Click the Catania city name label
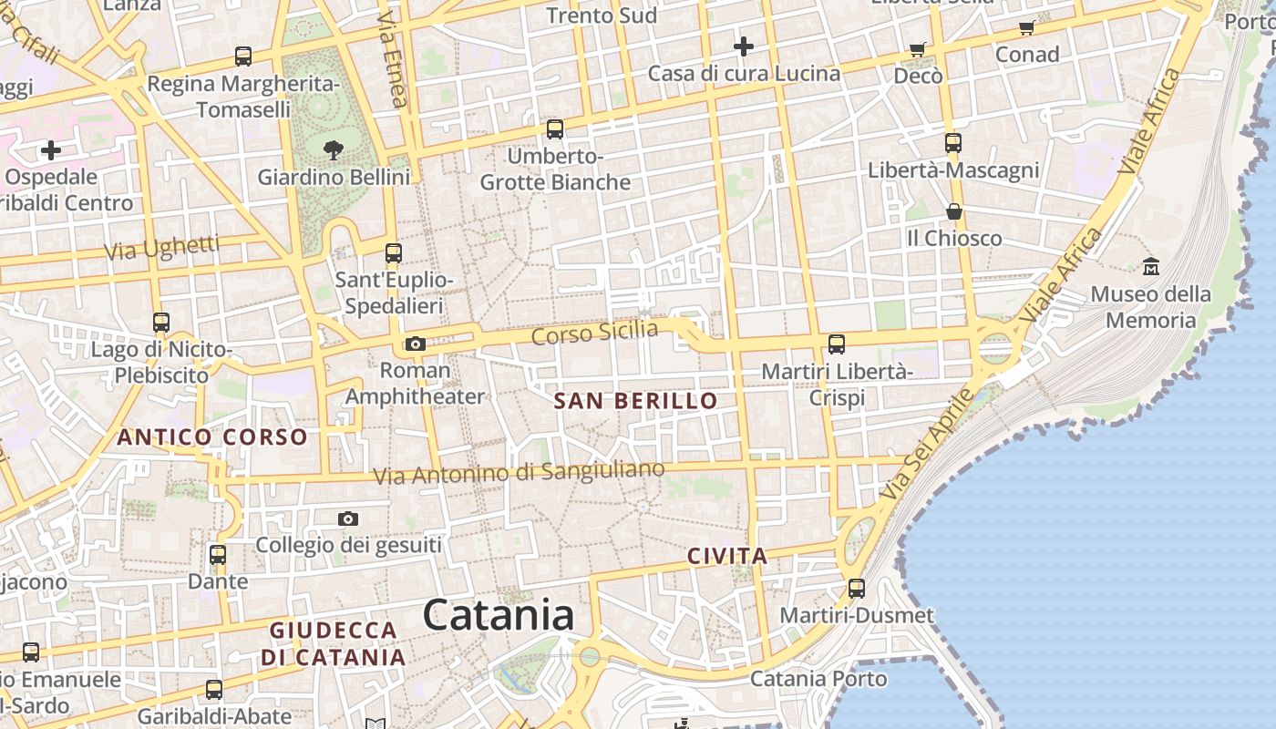pos(499,615)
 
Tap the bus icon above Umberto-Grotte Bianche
pos(555,129)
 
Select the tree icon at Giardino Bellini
pos(334,149)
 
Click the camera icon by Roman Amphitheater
pos(416,344)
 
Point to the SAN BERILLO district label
pos(636,401)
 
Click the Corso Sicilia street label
pos(594,333)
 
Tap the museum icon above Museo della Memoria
pos(1150,266)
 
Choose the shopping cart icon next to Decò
pos(917,49)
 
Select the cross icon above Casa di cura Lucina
pos(744,46)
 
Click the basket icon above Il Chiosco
pos(953,211)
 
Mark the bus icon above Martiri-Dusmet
pos(857,588)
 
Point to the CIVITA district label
pos(727,556)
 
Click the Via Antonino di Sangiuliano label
pos(520,473)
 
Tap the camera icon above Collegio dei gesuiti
pos(348,519)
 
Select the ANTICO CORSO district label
pos(212,437)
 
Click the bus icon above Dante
pos(218,554)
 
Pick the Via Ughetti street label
pos(162,248)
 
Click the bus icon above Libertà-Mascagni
pos(953,143)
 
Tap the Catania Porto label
pos(818,679)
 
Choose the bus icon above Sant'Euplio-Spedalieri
pos(394,253)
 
